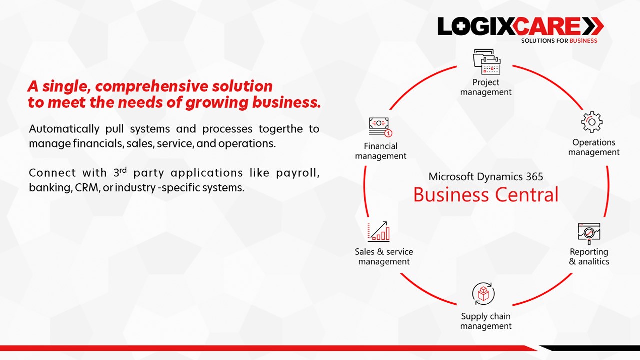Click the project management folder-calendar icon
click(x=487, y=62)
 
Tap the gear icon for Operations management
click(x=592, y=122)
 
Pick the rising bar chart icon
click(x=379, y=231)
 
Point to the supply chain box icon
click(x=483, y=294)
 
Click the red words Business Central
click(x=486, y=195)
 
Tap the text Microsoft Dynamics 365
click(x=486, y=177)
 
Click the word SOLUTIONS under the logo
click(x=538, y=41)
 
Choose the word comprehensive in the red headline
click(x=151, y=86)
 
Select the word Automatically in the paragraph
click(x=64, y=129)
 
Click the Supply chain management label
click(x=486, y=321)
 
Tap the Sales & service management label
click(x=384, y=256)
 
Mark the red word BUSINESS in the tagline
click(x=583, y=41)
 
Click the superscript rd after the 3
click(x=123, y=170)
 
